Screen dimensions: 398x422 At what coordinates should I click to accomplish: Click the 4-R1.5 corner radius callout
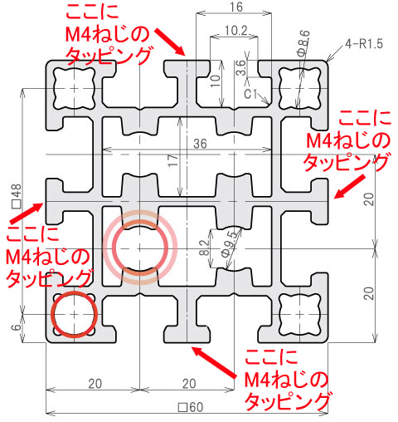(364, 44)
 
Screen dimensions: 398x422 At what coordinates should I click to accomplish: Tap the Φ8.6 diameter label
(304, 43)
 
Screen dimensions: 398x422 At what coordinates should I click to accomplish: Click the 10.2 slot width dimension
(235, 31)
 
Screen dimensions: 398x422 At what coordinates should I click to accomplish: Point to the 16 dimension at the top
(236, 7)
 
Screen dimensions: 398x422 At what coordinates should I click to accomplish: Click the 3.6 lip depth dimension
(240, 67)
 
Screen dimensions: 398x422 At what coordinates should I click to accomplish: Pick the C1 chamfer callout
(250, 94)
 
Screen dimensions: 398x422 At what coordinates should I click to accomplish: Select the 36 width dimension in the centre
(200, 144)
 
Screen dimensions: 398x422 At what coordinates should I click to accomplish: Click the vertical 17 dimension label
(173, 160)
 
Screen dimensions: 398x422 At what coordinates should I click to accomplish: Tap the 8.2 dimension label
(204, 248)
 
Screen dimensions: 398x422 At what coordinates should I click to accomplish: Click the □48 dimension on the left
(17, 196)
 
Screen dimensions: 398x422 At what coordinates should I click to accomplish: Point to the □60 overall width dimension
(191, 407)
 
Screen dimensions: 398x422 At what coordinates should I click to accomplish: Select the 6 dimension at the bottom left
(17, 327)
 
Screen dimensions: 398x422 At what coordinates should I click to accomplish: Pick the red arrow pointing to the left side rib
(27, 213)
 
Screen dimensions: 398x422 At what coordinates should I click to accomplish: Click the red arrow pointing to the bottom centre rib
(215, 362)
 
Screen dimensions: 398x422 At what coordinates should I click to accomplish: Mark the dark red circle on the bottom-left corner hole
(75, 315)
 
